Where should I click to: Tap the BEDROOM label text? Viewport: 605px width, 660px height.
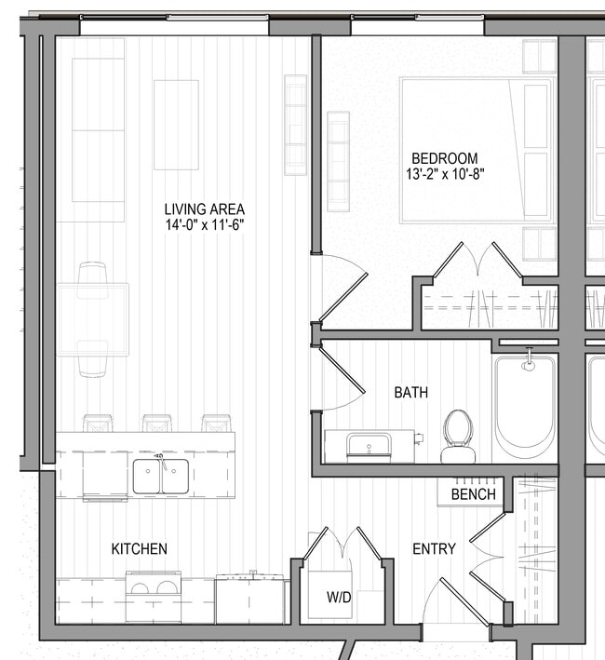pyautogui.click(x=445, y=158)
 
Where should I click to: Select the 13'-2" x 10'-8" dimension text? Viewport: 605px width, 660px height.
pyautogui.click(x=445, y=174)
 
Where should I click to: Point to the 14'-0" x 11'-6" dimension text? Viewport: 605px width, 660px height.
pyautogui.click(x=204, y=224)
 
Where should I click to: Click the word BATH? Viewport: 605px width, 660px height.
pyautogui.click(x=410, y=393)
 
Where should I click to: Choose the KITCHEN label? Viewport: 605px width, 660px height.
pyautogui.click(x=140, y=548)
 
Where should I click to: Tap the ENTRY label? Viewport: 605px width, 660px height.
pyautogui.click(x=434, y=549)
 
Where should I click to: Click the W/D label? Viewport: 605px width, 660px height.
pyautogui.click(x=339, y=597)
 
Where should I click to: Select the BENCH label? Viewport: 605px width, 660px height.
pyautogui.click(x=473, y=494)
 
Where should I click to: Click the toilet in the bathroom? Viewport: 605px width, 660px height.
pyautogui.click(x=458, y=436)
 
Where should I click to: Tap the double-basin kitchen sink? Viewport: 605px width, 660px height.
pyautogui.click(x=161, y=476)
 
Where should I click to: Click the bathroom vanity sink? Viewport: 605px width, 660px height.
pyautogui.click(x=369, y=446)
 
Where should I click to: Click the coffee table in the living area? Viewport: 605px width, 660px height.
pyautogui.click(x=176, y=125)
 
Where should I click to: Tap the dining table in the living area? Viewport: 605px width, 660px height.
pyautogui.click(x=92, y=319)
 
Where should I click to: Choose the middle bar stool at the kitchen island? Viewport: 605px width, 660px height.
pyautogui.click(x=156, y=423)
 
